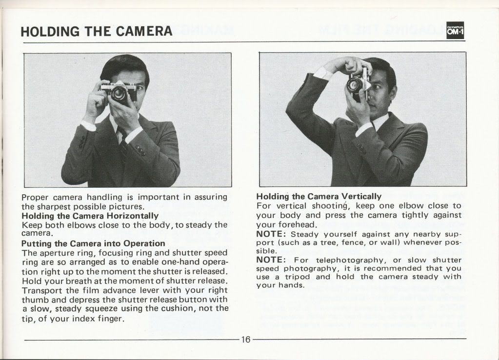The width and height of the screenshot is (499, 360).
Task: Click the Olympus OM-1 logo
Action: point(455,30)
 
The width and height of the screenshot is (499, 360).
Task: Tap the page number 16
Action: point(246,340)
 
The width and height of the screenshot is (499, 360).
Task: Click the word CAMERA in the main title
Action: point(144,31)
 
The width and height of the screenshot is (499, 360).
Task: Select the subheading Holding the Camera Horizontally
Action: point(90,216)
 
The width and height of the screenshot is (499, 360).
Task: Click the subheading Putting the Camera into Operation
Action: point(93,243)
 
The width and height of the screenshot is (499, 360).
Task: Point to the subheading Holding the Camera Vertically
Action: point(319,197)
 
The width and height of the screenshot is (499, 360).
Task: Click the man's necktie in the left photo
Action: point(123,146)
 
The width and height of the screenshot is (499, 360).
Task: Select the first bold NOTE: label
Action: point(272,234)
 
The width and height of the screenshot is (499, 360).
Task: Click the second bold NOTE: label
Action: point(272,260)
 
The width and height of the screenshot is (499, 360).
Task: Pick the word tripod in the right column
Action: point(297,277)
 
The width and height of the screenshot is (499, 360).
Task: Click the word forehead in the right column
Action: point(300,224)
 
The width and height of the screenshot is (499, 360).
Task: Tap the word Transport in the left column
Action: point(42,291)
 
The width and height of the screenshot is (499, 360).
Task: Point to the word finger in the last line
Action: point(111,319)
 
